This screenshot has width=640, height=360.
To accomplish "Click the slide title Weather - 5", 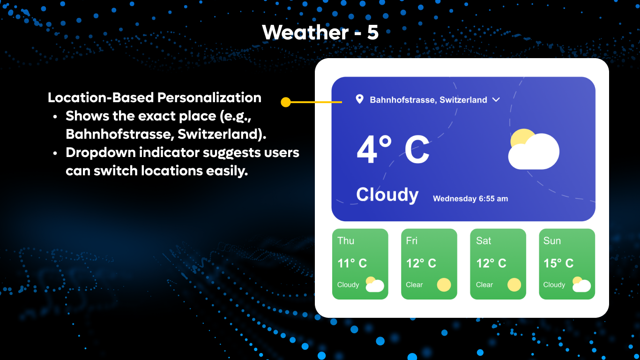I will tap(320, 32).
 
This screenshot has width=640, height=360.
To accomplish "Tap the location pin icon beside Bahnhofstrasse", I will tap(359, 99).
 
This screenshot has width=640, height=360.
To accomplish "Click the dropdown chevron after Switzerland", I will tap(496, 99).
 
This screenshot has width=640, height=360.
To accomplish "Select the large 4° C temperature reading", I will tap(393, 150).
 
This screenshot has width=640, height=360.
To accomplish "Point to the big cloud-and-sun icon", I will tap(534, 149).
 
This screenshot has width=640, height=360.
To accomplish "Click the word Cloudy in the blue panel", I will tap(387, 195).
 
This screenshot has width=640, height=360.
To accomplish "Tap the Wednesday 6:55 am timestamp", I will tap(470, 199).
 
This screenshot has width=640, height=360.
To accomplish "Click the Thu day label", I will tap(346, 241).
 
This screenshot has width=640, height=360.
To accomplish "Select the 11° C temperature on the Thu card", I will tap(352, 263).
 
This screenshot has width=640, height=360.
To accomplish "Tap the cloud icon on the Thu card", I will tap(374, 285).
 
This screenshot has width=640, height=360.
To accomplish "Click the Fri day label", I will tap(412, 241).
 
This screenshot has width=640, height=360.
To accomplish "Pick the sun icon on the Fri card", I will tap(444, 285).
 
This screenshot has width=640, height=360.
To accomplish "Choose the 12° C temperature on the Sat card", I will tap(491, 263).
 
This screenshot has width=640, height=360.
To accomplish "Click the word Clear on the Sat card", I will tap(484, 285).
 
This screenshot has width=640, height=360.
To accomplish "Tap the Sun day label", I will tap(552, 241).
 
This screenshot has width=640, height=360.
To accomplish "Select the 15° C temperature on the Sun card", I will tap(558, 263).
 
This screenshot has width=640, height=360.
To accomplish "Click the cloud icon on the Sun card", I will tap(581, 285).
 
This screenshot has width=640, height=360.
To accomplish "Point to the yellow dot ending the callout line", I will tap(286, 102).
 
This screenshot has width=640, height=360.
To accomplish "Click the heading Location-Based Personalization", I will tap(155, 97).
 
